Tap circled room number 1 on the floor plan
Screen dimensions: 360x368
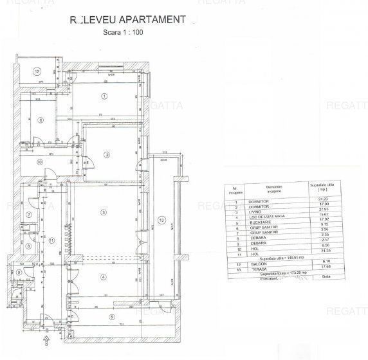point(103,96)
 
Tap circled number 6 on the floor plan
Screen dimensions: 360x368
point(40,120)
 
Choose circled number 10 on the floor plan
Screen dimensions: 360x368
point(40,162)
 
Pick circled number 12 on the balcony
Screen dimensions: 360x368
point(37,71)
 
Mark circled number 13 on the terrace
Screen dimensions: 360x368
point(162,221)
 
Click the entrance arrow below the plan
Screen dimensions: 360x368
point(46,337)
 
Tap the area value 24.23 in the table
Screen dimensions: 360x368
point(322,200)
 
